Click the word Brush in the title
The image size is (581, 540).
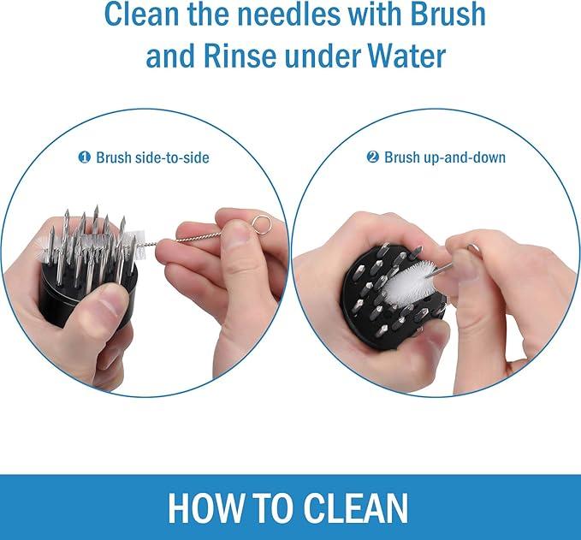click(x=448, y=14)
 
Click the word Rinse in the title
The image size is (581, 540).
click(x=240, y=56)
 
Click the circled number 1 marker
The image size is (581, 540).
click(x=85, y=157)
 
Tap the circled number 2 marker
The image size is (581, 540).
click(x=373, y=157)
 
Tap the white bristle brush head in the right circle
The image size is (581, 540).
click(x=407, y=282)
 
